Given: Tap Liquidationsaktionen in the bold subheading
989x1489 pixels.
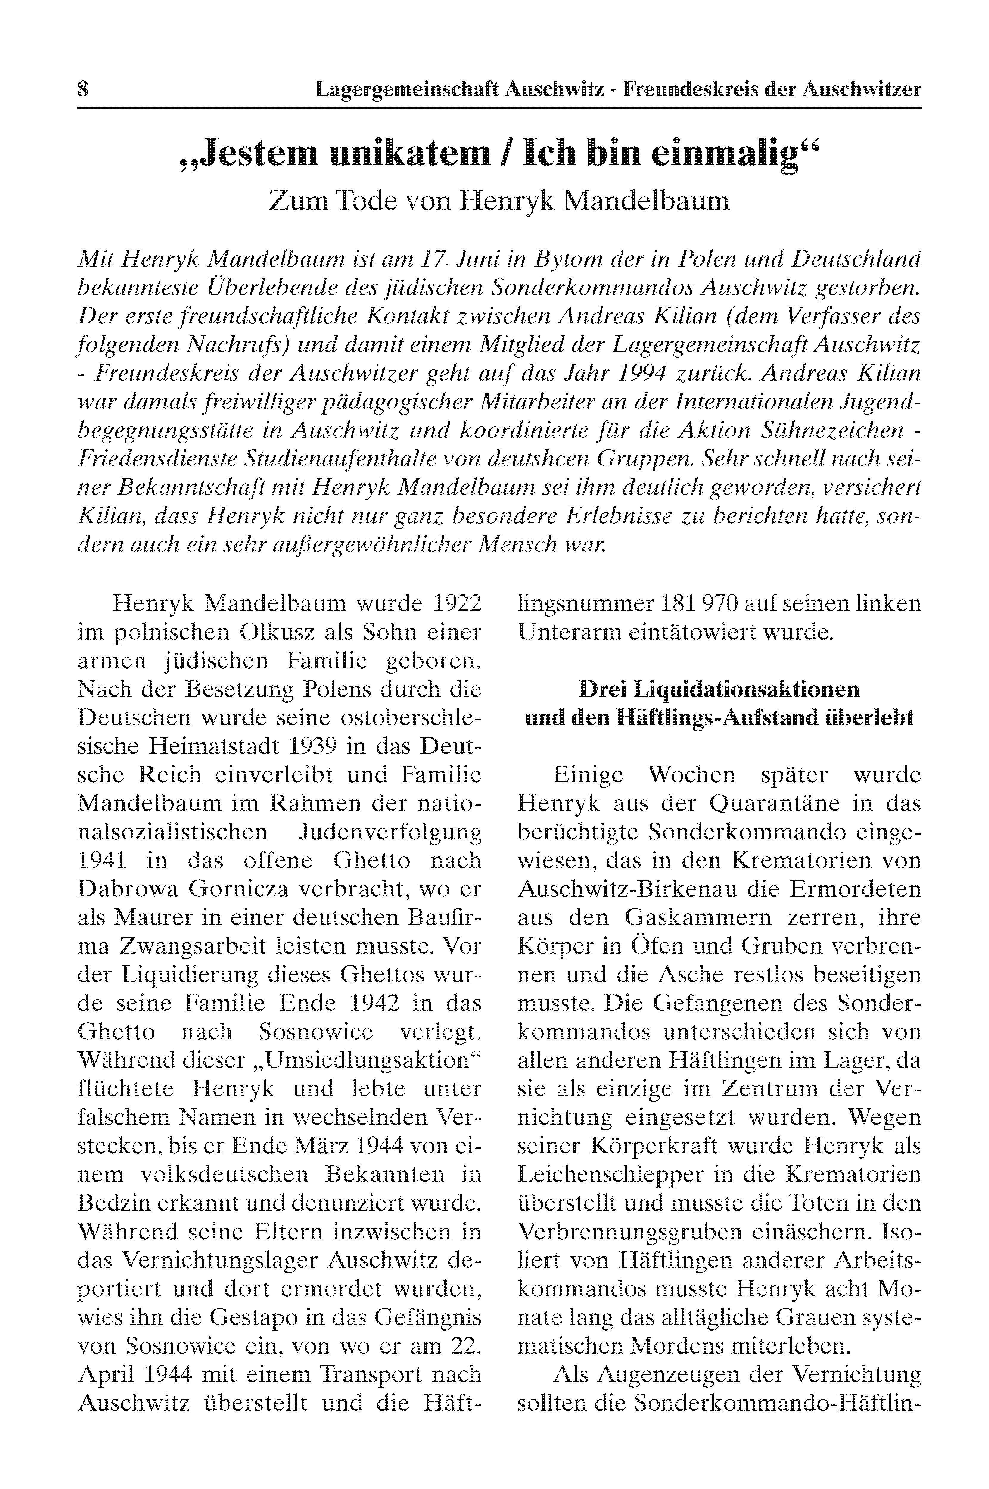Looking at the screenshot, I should [720, 689].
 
